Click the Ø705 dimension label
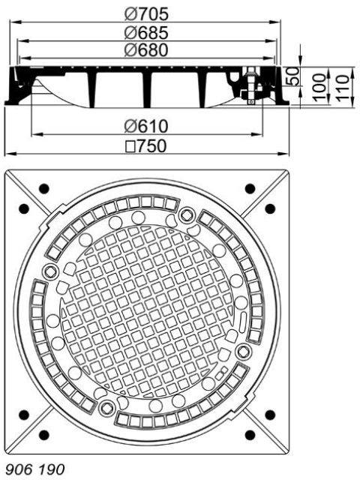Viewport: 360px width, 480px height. pyautogui.click(x=147, y=13)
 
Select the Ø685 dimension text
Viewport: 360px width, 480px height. pyautogui.click(x=147, y=32)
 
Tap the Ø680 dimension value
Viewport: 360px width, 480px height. pyautogui.click(x=147, y=50)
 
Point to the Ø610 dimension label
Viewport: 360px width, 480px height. pyautogui.click(x=147, y=126)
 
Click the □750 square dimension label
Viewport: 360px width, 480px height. pyautogui.click(x=147, y=145)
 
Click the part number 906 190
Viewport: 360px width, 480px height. pyautogui.click(x=35, y=469)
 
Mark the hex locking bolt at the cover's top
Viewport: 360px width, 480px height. pyautogui.click(x=186, y=215)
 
